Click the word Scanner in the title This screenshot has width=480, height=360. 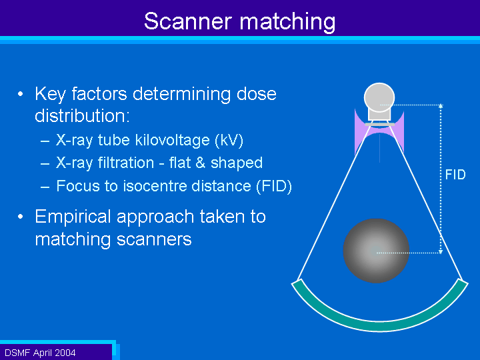pos(187,21)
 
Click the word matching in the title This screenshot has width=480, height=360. pos(287,23)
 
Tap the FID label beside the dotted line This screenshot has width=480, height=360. pos(455,175)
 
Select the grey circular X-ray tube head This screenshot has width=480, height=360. pos(379,97)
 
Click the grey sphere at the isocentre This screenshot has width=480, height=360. pos(376,251)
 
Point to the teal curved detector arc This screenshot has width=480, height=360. pos(379,325)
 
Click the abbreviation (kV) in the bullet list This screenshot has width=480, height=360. pos(229,141)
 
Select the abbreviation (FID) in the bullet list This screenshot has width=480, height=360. pos(274,186)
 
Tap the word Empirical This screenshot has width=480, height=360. pos(73,217)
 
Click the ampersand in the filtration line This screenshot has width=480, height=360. pos(200,163)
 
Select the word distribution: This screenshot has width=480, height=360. pos(83,116)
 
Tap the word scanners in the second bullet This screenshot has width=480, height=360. pos(154,240)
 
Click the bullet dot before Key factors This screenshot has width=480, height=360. pos(20,94)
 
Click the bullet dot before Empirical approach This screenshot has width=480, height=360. pos(20,217)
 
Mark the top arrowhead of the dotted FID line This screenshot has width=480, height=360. pos(441,106)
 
